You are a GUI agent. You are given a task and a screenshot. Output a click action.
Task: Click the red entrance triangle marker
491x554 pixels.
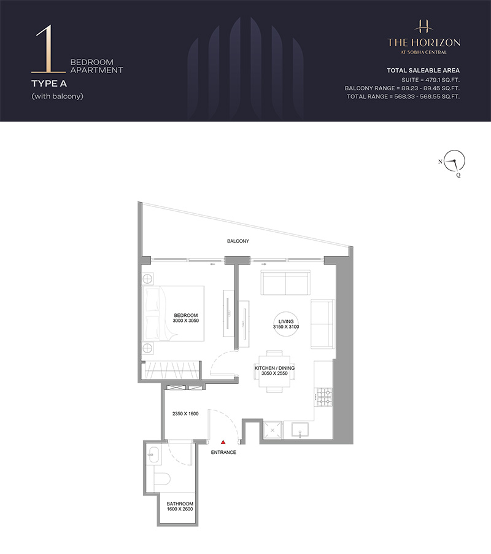223,442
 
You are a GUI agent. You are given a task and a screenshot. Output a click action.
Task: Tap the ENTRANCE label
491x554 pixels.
223,452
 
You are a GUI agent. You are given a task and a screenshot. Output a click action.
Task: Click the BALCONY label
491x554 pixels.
238,241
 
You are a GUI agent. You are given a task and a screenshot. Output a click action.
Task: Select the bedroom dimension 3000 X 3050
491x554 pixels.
186,321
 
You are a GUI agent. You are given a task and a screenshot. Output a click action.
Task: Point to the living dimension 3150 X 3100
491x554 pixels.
286,327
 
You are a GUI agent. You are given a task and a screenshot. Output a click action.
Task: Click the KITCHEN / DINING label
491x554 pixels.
274,368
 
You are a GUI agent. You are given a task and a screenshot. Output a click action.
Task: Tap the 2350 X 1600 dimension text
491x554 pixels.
185,413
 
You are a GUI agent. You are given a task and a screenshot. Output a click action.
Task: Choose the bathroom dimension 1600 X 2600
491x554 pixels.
180,509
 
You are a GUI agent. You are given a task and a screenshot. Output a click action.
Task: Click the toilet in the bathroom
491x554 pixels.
163,479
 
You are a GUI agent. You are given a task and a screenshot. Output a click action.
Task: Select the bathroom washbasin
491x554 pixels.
154,453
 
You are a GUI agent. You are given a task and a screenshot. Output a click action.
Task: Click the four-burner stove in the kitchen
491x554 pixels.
323,397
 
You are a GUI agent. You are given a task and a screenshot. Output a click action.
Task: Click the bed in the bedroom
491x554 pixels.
173,314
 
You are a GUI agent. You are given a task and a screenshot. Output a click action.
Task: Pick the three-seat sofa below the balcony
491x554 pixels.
285,283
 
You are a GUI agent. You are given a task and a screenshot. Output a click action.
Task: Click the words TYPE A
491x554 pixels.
49,84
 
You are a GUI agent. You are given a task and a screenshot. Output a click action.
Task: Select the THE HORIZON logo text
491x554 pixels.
424,43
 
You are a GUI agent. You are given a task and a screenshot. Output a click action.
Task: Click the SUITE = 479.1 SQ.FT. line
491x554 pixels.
431,80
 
